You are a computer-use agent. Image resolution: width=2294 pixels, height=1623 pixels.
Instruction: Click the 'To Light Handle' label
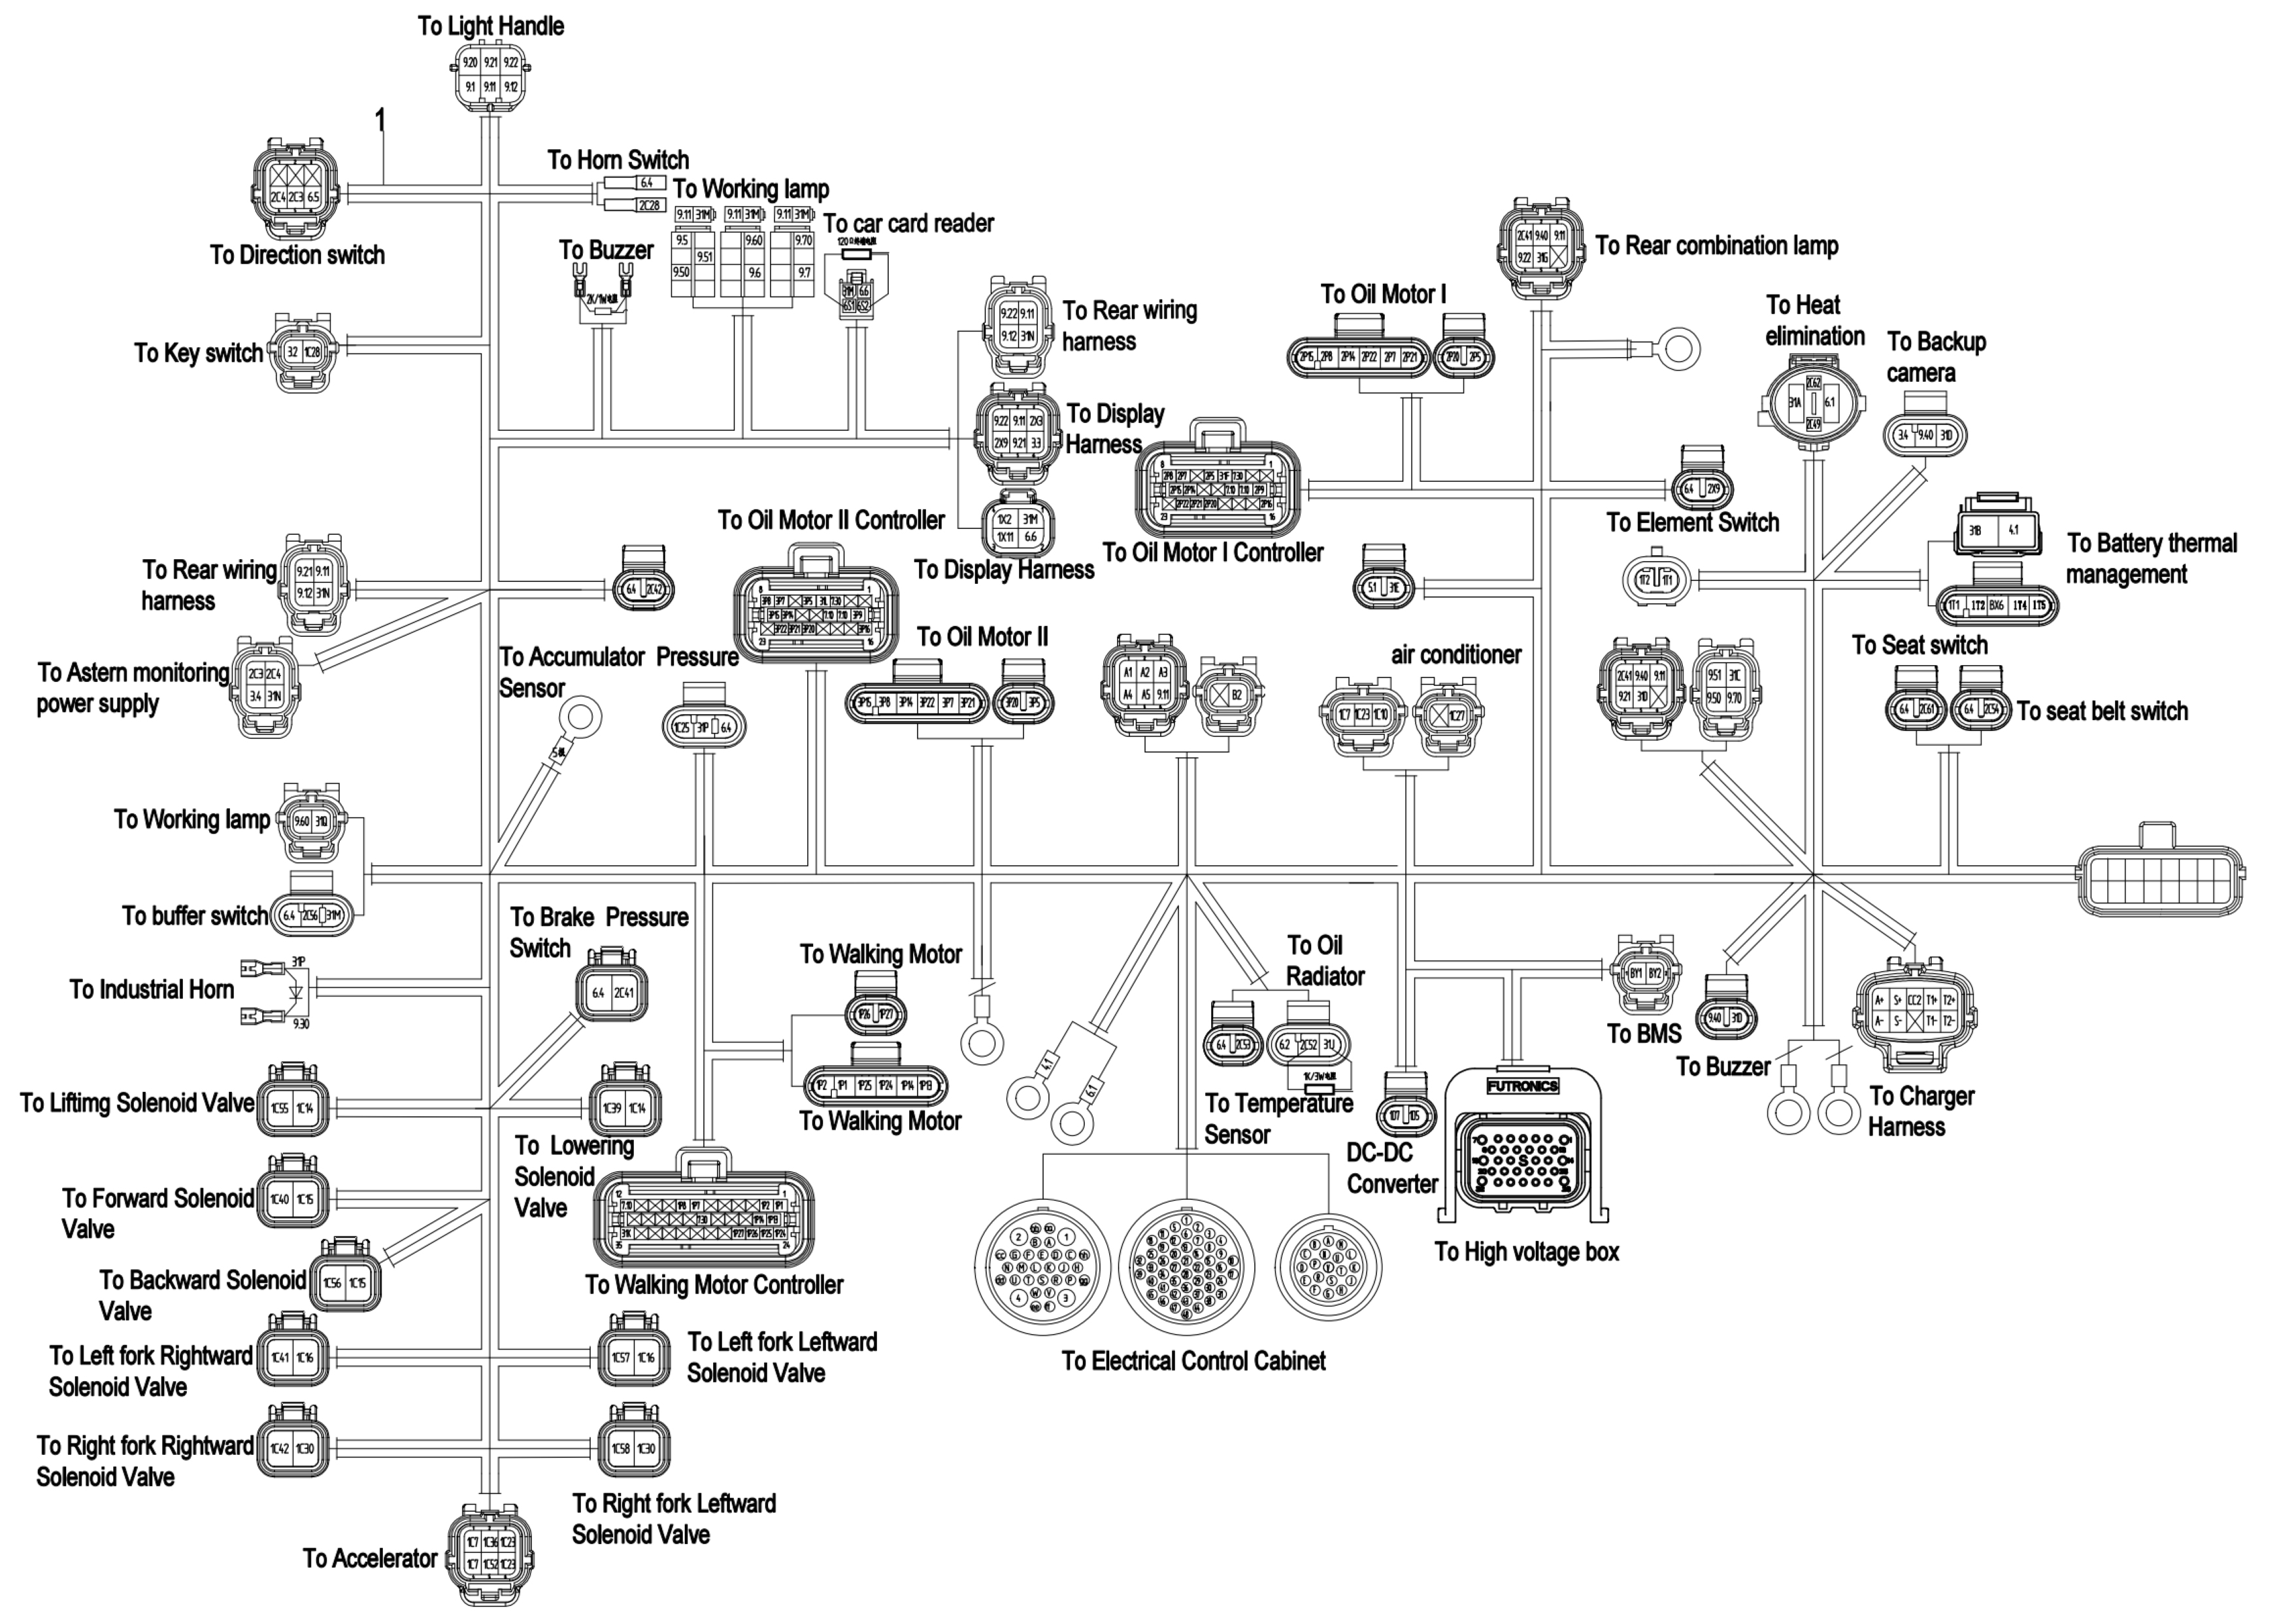[x=491, y=27]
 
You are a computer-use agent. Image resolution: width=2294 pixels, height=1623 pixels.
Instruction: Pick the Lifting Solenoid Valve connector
[x=291, y=1107]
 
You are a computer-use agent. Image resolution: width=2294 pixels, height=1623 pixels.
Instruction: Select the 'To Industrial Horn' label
[x=152, y=989]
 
